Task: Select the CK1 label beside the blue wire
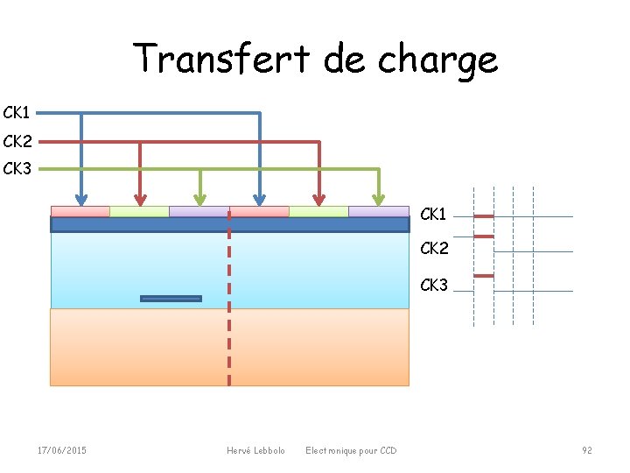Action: [17, 113]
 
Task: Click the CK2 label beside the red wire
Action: [17, 141]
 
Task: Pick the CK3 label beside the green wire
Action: [17, 168]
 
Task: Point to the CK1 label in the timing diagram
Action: [434, 215]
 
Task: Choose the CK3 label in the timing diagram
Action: [434, 286]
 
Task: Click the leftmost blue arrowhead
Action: [80, 198]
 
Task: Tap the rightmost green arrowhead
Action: [379, 198]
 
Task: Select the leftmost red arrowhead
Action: [140, 198]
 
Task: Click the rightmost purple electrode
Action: [378, 211]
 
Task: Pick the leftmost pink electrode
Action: [80, 211]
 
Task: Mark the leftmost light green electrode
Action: [139, 211]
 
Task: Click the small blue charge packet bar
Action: [171, 299]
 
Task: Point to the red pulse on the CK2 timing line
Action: [484, 236]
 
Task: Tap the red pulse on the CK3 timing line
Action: [484, 276]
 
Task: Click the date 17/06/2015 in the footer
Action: [61, 450]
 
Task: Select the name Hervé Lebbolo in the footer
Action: [255, 450]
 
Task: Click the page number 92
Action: [587, 450]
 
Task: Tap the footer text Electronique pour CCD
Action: [351, 450]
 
